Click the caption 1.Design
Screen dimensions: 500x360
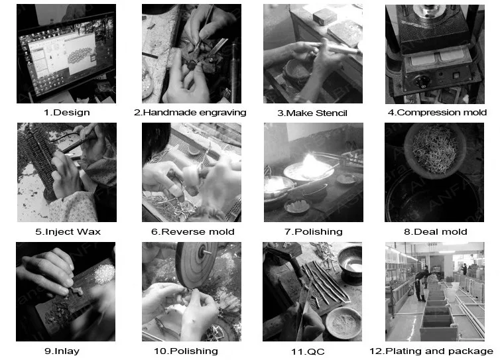[x=67, y=113]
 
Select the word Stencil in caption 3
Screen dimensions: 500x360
[x=332, y=113]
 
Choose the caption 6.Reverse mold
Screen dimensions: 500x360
[x=192, y=232]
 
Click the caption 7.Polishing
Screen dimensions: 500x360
[x=314, y=232]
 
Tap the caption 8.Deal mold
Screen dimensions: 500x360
[x=435, y=232]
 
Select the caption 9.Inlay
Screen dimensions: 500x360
[x=62, y=351]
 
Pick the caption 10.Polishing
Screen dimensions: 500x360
[x=186, y=351]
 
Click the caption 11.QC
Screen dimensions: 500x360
[x=308, y=351]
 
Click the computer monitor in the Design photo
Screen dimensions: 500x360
[x=66, y=54]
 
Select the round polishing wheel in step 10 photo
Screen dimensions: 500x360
[x=196, y=265]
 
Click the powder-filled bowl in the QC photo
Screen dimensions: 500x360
[x=344, y=323]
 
